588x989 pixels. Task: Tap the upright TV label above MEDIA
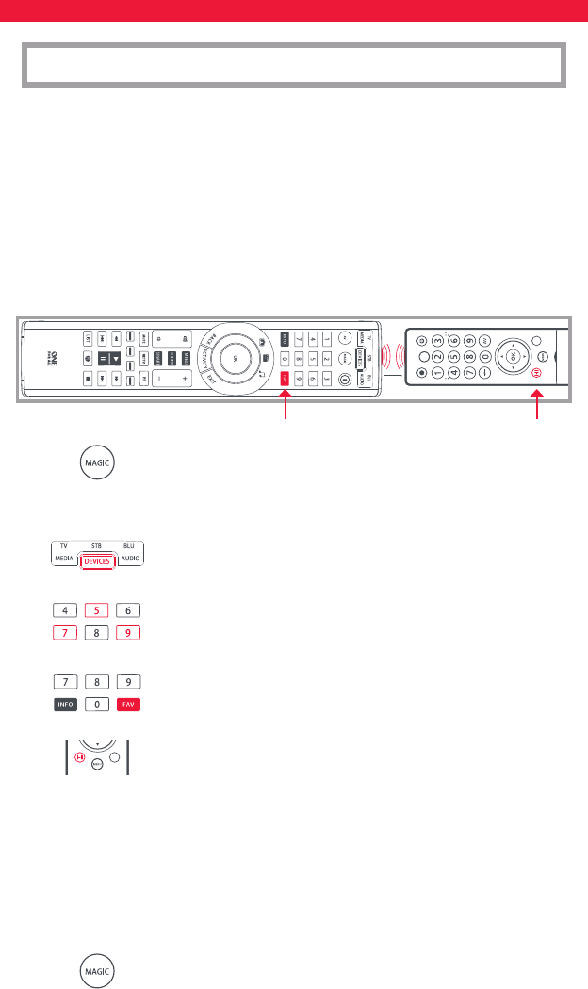[64, 545]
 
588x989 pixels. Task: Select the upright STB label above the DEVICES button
[96, 545]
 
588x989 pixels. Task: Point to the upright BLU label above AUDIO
[130, 545]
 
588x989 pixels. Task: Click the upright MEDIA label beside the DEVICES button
[63, 560]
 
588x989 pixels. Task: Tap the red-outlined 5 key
[96, 610]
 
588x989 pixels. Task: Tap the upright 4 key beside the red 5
[63, 610]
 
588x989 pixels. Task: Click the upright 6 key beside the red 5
[128, 610]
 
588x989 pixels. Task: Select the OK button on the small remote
[513, 359]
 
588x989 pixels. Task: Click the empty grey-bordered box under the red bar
[293, 64]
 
